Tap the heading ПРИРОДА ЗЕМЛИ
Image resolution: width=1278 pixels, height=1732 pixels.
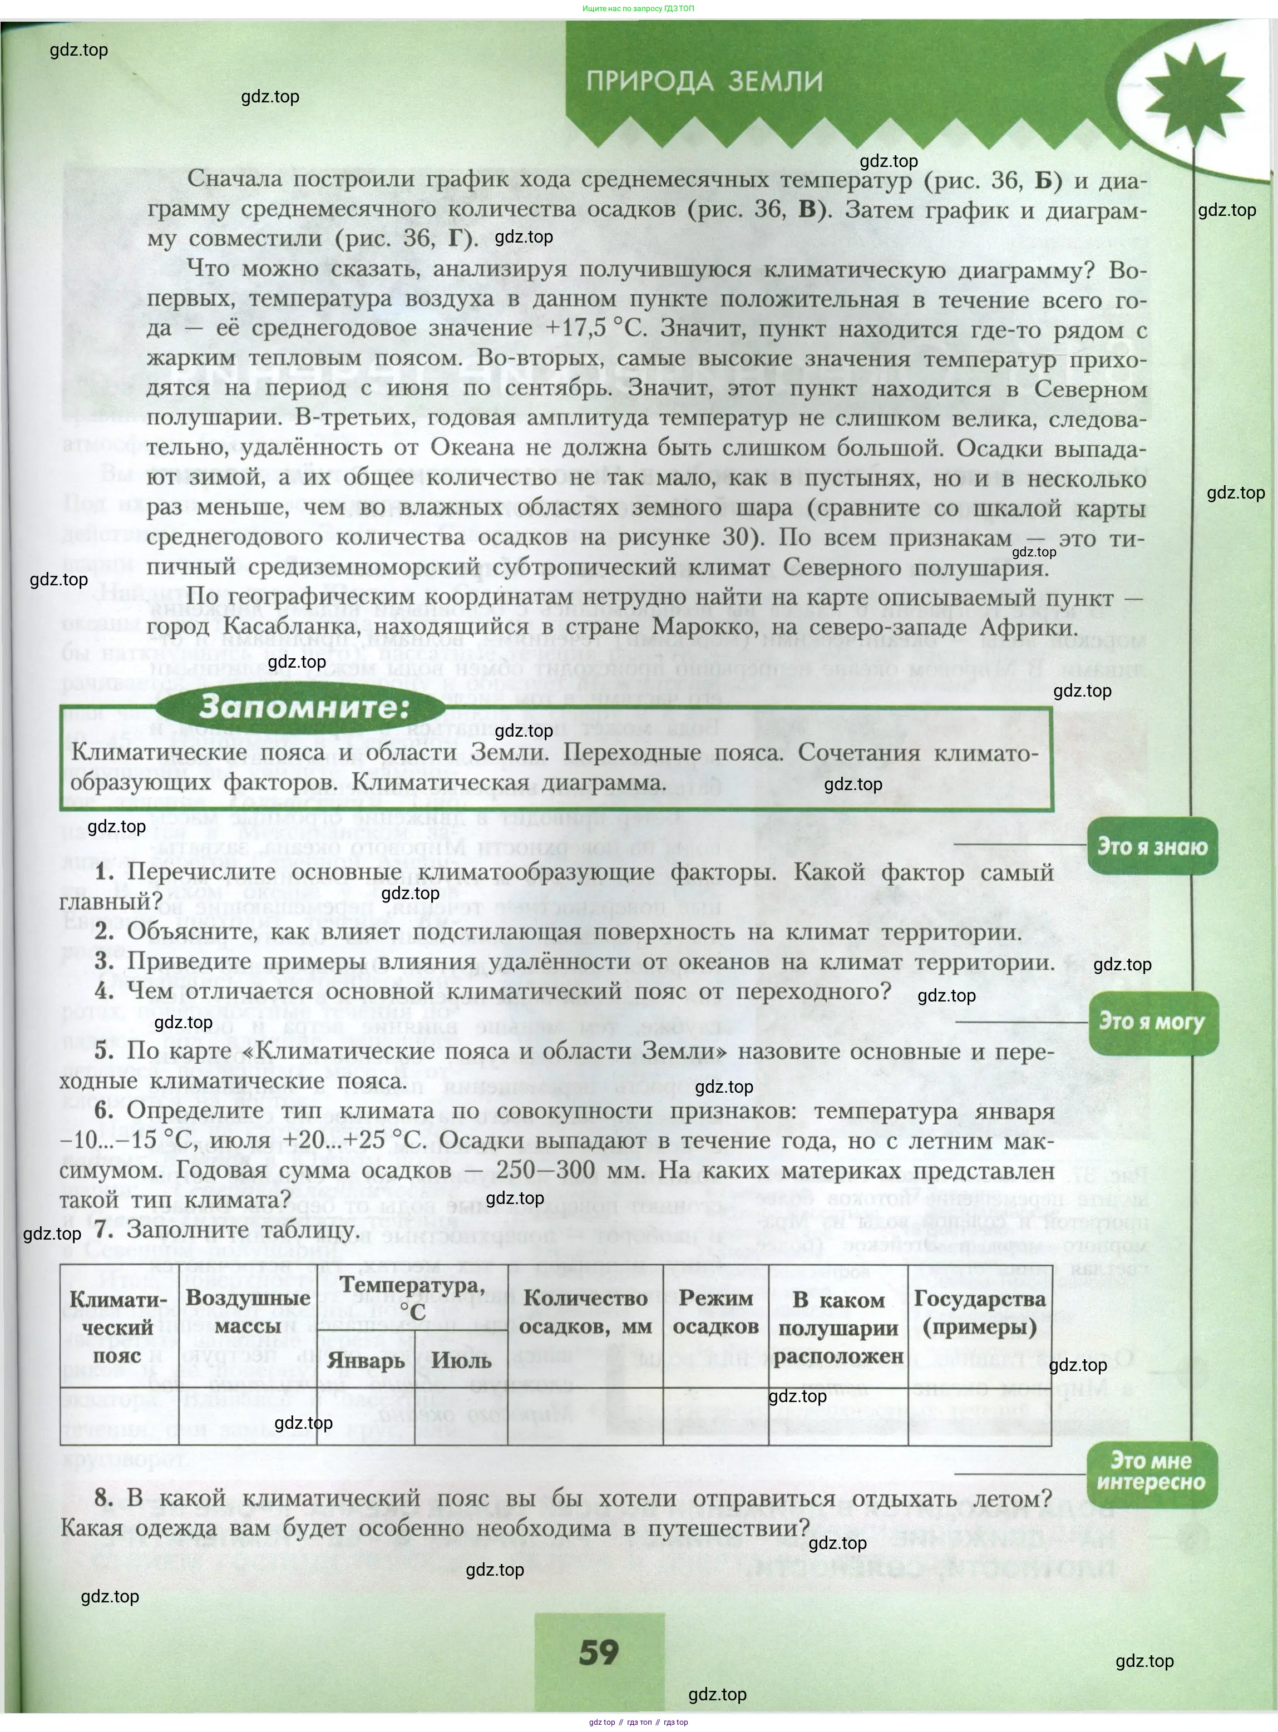pos(704,81)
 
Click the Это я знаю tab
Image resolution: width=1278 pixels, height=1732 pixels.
pos(1152,846)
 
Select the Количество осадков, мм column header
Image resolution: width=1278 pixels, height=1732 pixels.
pos(585,1312)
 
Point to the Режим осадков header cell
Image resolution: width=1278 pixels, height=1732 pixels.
pos(716,1312)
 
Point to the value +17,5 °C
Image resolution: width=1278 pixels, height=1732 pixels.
pos(595,328)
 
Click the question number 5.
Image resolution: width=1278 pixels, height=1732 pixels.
pos(105,1051)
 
